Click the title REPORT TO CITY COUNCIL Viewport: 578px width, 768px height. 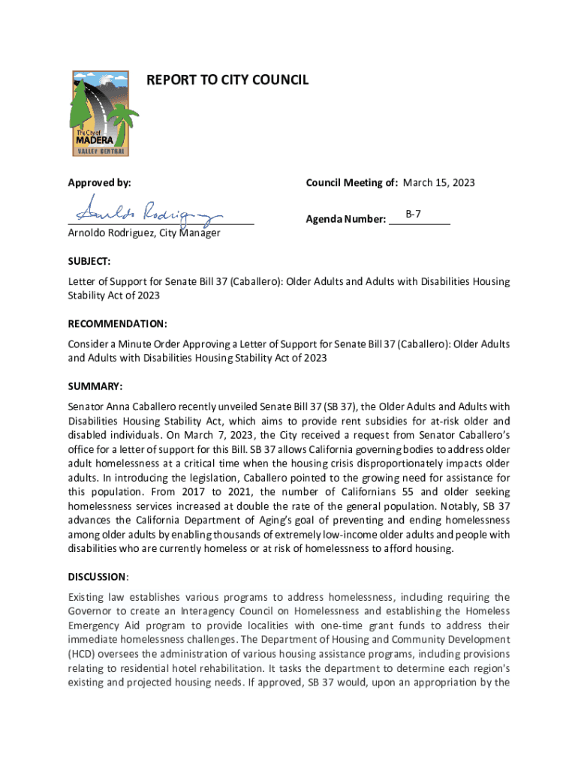[227, 79]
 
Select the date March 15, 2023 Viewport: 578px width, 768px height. [439, 183]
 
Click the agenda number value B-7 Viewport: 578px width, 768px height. [413, 214]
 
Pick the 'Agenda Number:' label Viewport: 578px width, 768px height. [345, 220]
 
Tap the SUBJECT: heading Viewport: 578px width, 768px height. [89, 261]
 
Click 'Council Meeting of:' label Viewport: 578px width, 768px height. [351, 183]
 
